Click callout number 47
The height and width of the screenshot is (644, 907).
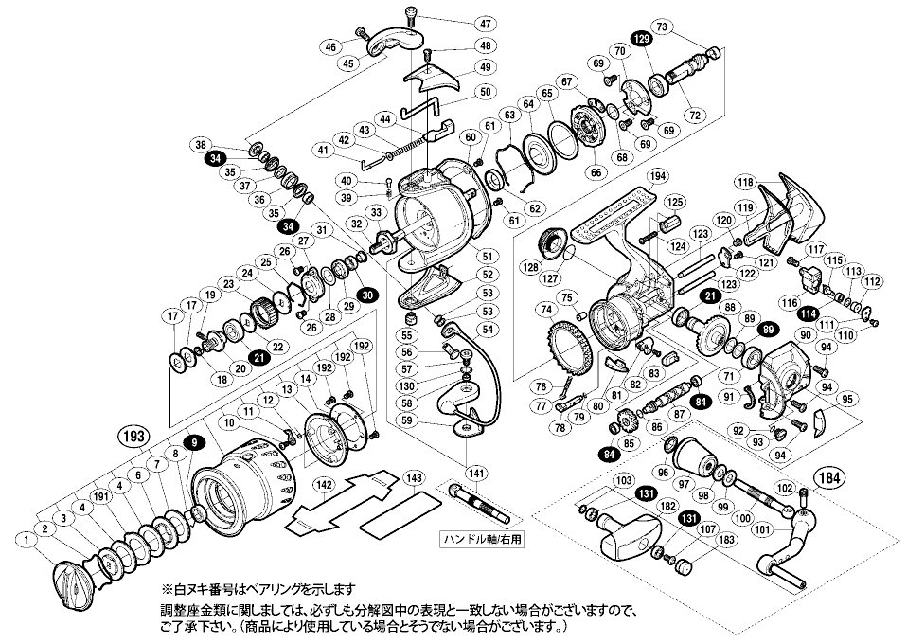pyautogui.click(x=485, y=23)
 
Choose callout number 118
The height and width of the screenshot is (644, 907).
pyautogui.click(x=746, y=183)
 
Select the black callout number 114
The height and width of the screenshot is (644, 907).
pyautogui.click(x=808, y=313)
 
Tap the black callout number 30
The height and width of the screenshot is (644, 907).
pyautogui.click(x=368, y=295)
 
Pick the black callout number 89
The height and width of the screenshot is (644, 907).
pyautogui.click(x=767, y=329)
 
